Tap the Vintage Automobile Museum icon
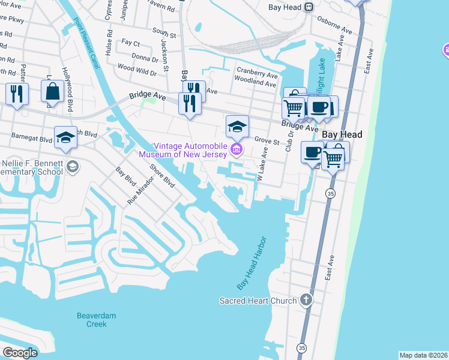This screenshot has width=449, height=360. click(x=237, y=149)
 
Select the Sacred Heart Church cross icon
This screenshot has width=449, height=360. click(x=306, y=300)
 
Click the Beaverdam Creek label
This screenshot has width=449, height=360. click(x=92, y=320)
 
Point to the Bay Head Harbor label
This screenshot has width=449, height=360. click(x=250, y=263)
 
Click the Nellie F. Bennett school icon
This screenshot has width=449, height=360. click(x=72, y=166)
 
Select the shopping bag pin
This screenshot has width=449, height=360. click(x=52, y=91)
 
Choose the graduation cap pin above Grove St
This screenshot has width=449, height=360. click(x=237, y=126)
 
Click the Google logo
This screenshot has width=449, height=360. click(x=20, y=353)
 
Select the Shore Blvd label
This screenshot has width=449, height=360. click(x=161, y=176)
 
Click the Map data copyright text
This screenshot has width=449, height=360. click(x=423, y=355)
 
